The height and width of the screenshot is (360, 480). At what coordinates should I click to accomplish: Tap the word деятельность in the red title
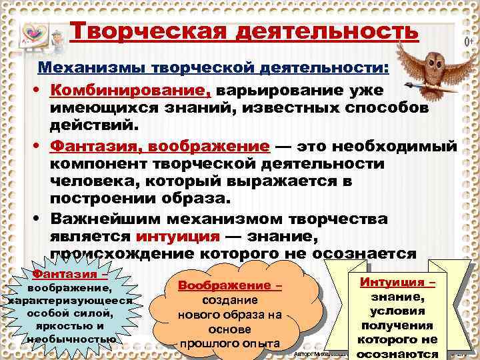pos(327,31)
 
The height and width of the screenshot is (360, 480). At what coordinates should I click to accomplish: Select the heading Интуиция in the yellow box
pos(397,282)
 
